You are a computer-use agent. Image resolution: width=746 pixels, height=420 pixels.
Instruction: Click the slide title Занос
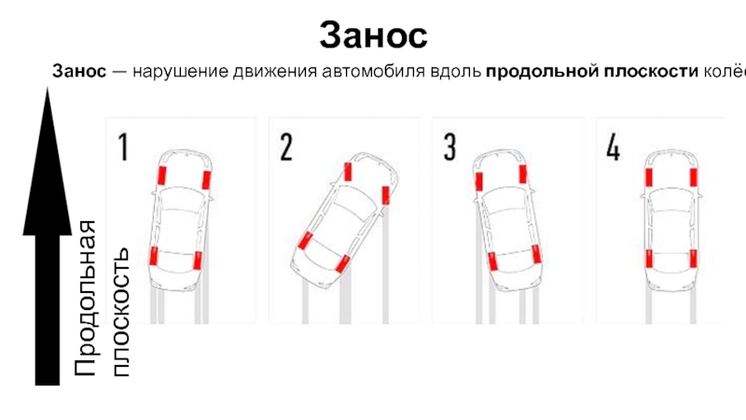point(373,35)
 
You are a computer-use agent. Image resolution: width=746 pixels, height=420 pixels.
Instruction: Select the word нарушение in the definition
point(170,72)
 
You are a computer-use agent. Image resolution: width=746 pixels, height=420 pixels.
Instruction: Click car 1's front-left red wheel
point(162,175)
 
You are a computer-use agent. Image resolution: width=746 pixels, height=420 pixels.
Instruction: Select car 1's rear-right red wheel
point(199,258)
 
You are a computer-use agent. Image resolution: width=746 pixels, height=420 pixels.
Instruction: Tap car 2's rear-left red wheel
point(304,242)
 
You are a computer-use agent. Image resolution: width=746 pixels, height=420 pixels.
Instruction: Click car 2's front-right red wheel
point(386,194)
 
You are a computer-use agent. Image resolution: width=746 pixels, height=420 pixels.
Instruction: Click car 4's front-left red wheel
point(649,176)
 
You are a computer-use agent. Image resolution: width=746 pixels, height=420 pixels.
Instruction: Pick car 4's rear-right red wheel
point(692,260)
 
